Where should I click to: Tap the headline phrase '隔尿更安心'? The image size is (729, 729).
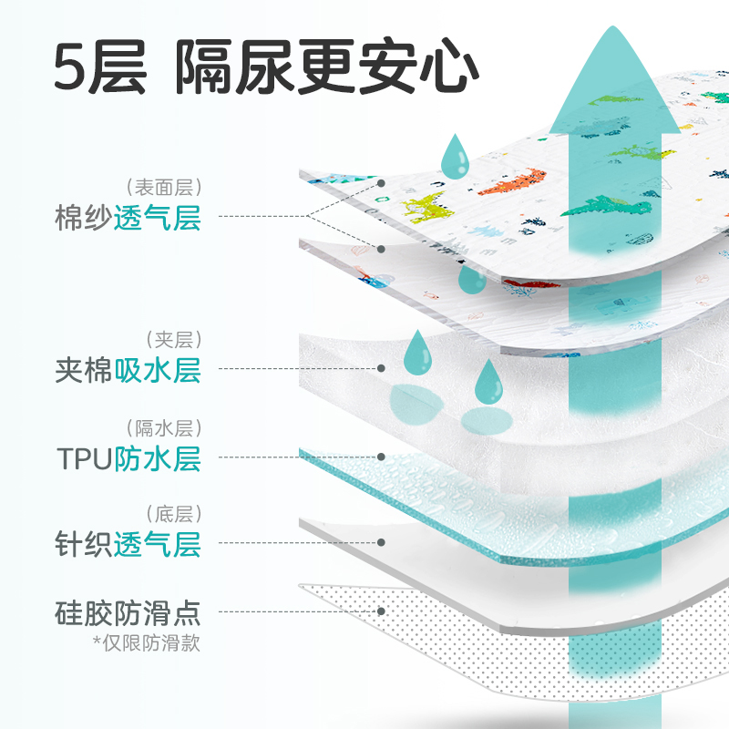(327, 68)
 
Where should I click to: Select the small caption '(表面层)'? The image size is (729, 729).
(165, 189)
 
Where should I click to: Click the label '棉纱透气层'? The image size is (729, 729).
(127, 219)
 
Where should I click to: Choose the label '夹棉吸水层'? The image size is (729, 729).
(127, 370)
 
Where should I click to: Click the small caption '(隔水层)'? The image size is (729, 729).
(165, 427)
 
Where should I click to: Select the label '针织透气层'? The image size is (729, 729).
(127, 544)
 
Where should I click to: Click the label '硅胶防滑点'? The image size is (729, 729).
(127, 611)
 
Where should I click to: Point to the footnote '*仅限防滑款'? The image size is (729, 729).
(146, 642)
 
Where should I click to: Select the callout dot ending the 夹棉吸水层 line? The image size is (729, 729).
(382, 369)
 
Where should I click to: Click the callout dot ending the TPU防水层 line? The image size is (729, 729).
(382, 456)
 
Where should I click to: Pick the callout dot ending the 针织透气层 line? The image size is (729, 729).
(382, 542)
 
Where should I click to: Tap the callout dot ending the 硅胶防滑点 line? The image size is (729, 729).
(382, 611)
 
